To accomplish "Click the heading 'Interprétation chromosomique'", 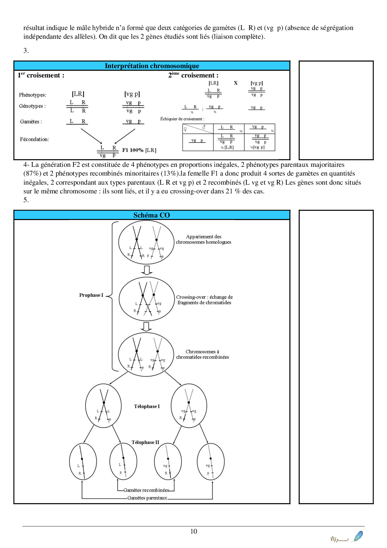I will [x=152, y=66].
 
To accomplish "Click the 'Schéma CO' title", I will [x=152, y=215].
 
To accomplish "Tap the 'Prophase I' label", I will [x=91, y=295].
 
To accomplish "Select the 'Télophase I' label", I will [x=147, y=406].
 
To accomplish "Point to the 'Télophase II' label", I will [x=145, y=442].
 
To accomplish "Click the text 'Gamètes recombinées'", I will [x=146, y=490].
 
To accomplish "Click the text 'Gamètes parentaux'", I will [x=147, y=498].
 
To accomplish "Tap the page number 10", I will [x=193, y=531].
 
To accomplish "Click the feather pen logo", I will [x=358, y=536].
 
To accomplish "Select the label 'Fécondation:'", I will [x=34, y=139].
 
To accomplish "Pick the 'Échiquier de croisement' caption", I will [x=182, y=119].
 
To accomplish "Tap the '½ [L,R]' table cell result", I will [x=227, y=147].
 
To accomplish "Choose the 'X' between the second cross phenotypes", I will [x=236, y=83].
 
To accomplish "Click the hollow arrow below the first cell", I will [x=147, y=270].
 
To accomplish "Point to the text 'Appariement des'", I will [x=203, y=237].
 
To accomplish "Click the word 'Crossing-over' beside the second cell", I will [x=191, y=297].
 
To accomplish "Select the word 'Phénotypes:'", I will [x=32, y=95].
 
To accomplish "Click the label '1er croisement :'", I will [x=41, y=75].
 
